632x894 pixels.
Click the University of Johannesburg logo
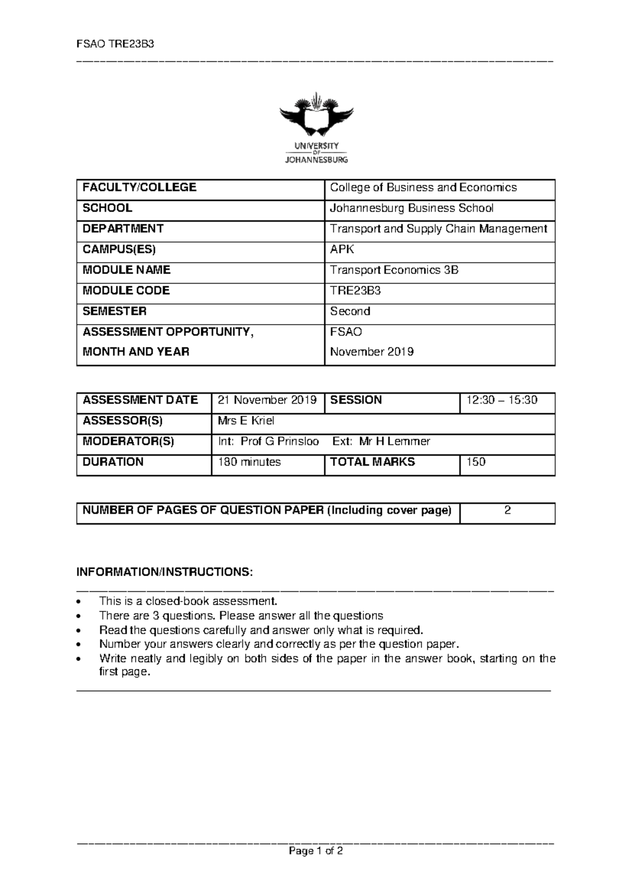(x=316, y=128)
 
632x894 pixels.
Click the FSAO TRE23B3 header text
(x=115, y=44)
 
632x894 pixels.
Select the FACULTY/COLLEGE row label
(x=140, y=188)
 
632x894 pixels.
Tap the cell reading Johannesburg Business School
(x=411, y=208)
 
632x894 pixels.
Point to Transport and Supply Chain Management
(x=438, y=229)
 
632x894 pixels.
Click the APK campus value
(x=339, y=249)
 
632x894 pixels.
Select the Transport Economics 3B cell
(x=394, y=270)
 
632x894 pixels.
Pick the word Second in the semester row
(x=350, y=311)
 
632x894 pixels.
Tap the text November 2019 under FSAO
(x=371, y=352)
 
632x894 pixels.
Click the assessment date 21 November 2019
(x=267, y=400)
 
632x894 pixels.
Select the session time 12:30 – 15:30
(x=501, y=400)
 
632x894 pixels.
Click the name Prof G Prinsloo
(x=280, y=441)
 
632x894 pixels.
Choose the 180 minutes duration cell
(x=249, y=462)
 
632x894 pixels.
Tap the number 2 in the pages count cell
(x=507, y=510)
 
